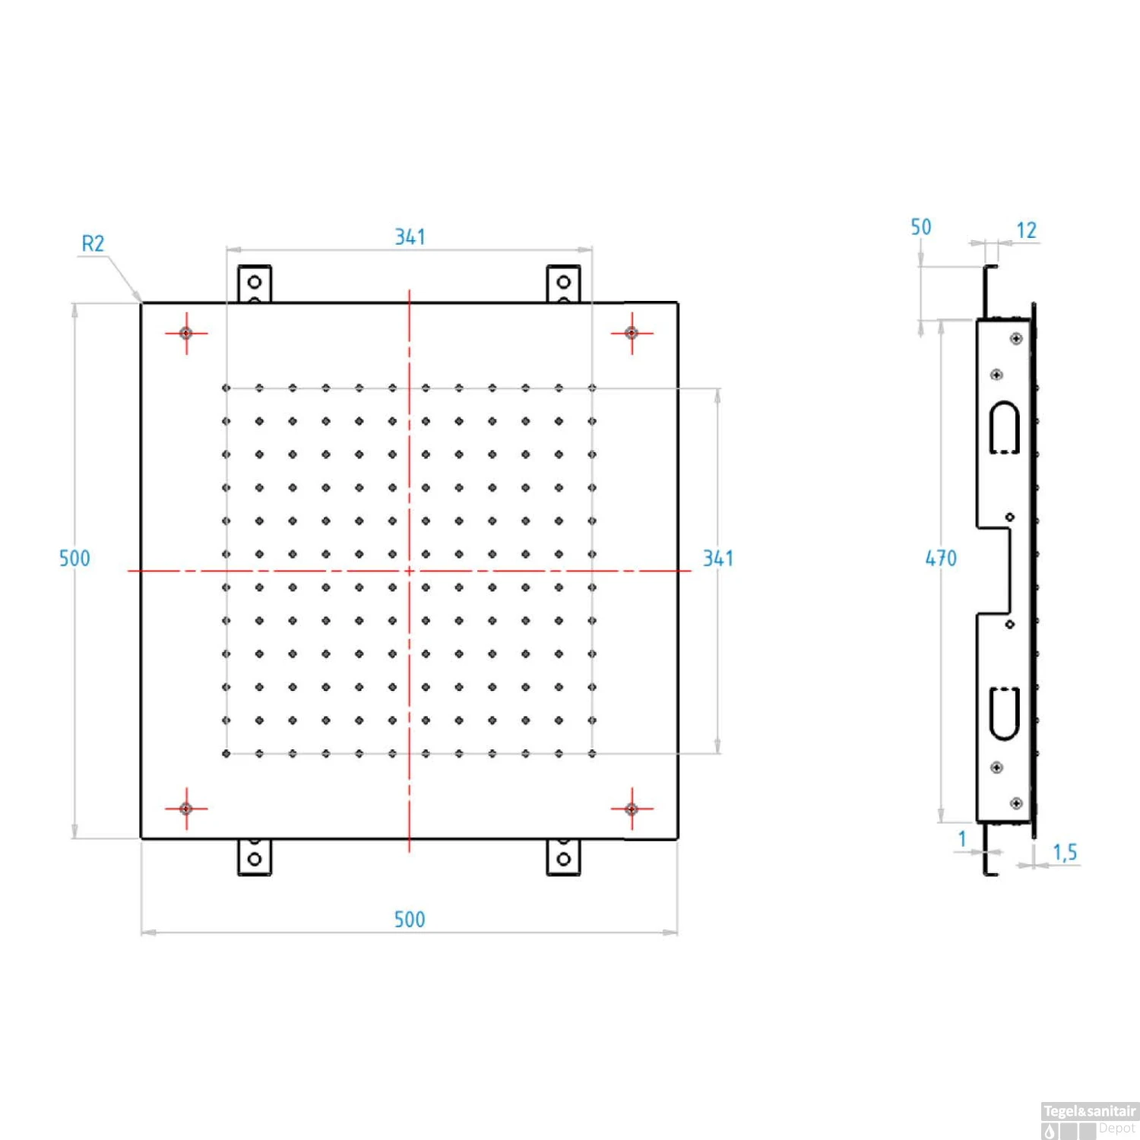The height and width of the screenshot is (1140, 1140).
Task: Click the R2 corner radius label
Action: tap(93, 244)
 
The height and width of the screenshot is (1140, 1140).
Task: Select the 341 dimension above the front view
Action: tap(410, 237)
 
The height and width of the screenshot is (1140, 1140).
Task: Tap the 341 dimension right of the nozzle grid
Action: tap(718, 559)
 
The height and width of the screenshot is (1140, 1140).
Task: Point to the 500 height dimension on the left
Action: tap(74, 559)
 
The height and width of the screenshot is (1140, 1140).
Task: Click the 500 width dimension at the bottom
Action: tap(410, 920)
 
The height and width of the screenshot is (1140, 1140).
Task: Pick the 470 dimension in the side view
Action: tap(941, 559)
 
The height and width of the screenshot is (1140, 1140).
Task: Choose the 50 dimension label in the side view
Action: tap(921, 227)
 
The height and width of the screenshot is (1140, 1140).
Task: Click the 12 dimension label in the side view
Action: tap(1027, 230)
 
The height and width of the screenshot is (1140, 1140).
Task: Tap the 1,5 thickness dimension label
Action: tap(1065, 853)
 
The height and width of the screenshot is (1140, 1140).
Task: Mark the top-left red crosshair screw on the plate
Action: tap(186, 333)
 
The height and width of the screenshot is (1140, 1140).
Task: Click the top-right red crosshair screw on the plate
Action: tap(632, 333)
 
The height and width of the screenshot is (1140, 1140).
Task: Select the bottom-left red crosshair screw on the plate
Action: tap(186, 809)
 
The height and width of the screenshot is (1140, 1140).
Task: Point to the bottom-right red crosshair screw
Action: tap(632, 809)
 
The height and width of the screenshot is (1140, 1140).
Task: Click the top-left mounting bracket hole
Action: tap(255, 282)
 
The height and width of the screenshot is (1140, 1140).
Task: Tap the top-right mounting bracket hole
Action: tap(564, 282)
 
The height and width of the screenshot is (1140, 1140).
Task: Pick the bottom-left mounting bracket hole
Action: tap(255, 860)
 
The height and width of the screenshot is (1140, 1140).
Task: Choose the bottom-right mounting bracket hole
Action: tap(564, 860)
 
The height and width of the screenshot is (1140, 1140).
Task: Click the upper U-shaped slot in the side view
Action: tap(1004, 427)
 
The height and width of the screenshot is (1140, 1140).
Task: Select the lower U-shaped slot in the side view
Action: tap(1004, 714)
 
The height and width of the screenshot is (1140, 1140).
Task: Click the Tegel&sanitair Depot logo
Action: tap(1090, 1121)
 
